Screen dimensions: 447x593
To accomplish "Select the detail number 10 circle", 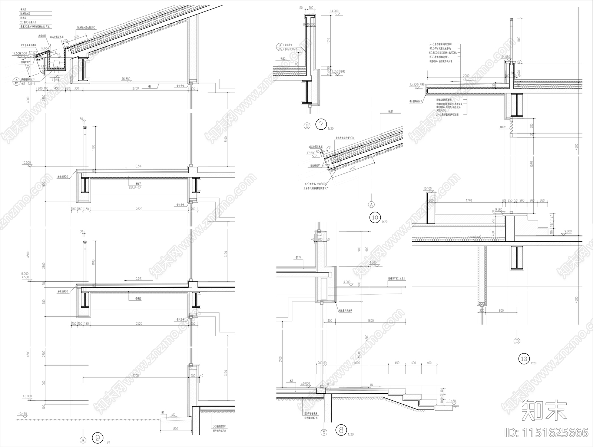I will (x=375, y=217).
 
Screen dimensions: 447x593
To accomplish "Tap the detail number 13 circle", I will (x=524, y=359).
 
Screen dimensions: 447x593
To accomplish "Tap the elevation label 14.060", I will (x=506, y=57).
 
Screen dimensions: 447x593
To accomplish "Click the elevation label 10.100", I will (x=427, y=189).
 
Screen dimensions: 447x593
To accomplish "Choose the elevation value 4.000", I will (x=347, y=282).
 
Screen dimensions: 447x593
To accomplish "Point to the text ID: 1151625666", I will (x=546, y=432).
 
